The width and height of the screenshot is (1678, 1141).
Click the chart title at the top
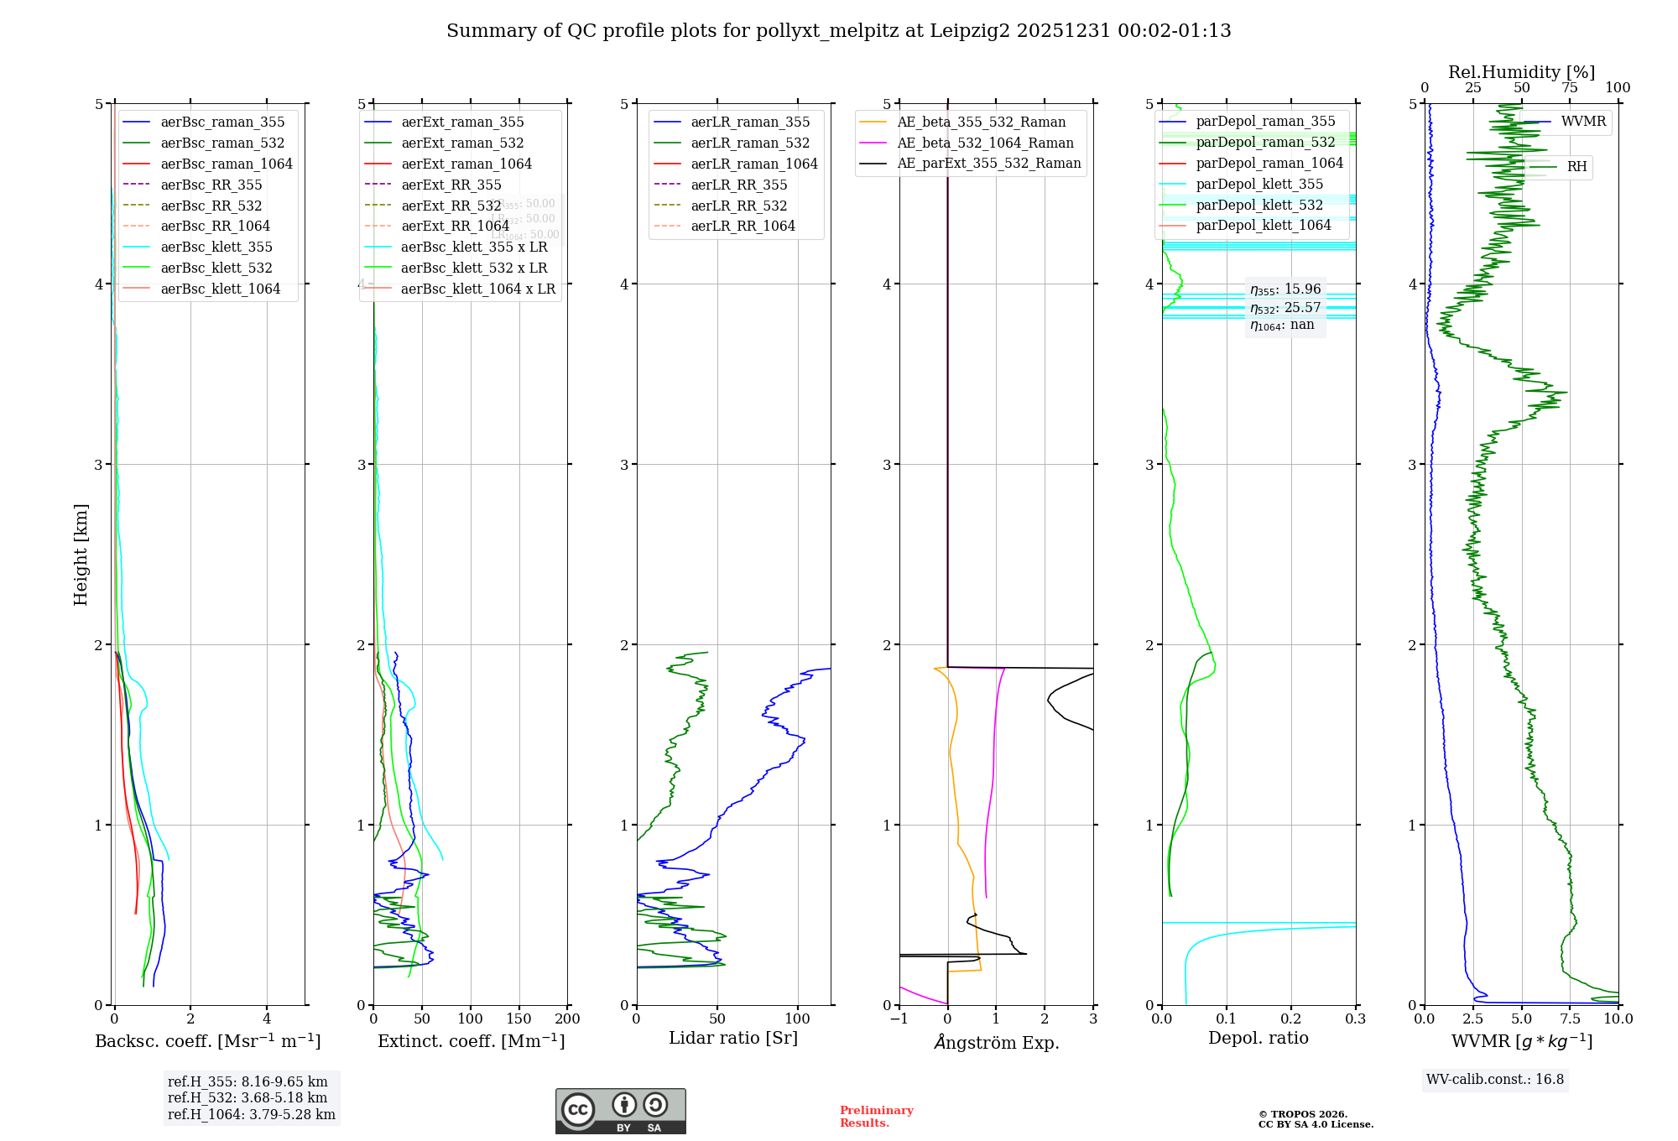(838, 31)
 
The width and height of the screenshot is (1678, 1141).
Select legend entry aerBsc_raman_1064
(227, 164)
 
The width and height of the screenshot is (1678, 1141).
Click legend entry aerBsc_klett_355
(216, 247)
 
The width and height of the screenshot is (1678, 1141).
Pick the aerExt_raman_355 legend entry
(462, 122)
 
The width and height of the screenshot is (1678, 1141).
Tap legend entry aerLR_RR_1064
(743, 226)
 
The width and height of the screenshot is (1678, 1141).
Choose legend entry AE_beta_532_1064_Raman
(985, 143)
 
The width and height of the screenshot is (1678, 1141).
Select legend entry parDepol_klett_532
(1259, 205)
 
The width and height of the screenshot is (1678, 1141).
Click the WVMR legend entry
(1583, 122)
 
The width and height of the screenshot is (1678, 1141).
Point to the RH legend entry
(1576, 167)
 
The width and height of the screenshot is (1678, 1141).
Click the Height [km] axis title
(81, 555)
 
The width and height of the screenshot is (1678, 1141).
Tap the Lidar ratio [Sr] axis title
(732, 1038)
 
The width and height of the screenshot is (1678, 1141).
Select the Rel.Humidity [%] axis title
(1521, 72)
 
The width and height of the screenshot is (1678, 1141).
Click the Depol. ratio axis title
(1258, 1038)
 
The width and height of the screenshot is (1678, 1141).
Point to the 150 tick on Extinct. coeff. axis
(519, 1019)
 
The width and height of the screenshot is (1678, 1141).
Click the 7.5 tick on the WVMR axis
(1570, 1019)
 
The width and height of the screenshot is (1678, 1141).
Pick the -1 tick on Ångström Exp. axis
(899, 1019)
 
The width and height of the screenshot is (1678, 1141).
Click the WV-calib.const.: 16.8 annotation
(1494, 1080)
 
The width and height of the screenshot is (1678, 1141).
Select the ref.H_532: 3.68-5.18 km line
(248, 1098)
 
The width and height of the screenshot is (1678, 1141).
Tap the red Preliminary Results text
(876, 1117)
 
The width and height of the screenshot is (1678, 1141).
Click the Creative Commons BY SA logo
(620, 1112)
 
